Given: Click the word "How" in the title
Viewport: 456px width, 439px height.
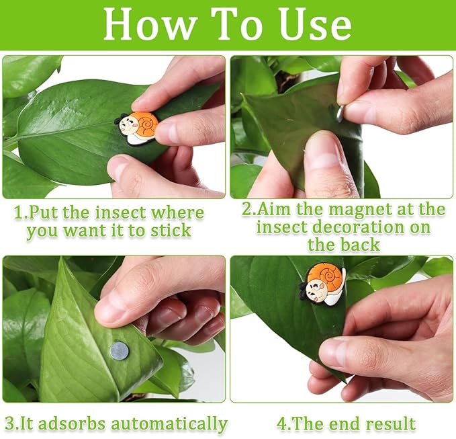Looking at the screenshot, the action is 149,24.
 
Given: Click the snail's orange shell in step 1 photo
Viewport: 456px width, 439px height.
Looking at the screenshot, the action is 146,124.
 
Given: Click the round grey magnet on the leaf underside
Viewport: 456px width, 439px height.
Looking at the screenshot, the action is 120,351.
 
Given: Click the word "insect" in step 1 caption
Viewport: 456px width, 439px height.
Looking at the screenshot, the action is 120,213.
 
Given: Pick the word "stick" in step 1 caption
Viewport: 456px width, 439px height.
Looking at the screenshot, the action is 171,231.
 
